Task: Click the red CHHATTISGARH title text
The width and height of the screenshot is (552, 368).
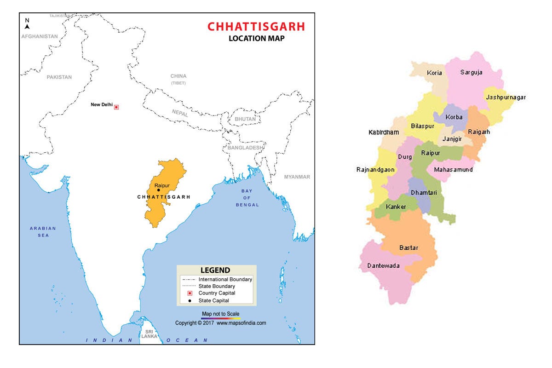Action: [x=256, y=26]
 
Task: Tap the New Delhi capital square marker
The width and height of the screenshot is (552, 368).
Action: [x=116, y=107]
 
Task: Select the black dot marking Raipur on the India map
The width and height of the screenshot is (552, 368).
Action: [x=159, y=190]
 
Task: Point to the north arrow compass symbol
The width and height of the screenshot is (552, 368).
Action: [x=27, y=24]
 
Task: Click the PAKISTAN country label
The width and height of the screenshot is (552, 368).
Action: [x=59, y=77]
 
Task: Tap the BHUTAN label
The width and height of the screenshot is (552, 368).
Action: [x=245, y=119]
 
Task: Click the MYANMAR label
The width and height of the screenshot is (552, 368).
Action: [x=297, y=177]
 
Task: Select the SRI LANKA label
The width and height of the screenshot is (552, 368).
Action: [x=149, y=334]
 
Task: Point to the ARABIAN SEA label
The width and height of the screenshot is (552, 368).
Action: [x=43, y=232]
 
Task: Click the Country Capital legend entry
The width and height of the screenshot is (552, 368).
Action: [x=217, y=293]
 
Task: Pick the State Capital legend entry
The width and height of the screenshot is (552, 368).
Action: [x=213, y=300]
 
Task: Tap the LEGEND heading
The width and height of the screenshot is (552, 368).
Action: [x=215, y=270]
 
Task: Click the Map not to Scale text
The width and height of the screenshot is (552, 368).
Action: [x=221, y=314]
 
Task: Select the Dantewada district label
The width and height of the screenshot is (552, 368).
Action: [x=383, y=266]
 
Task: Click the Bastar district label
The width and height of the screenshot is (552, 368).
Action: [x=408, y=248]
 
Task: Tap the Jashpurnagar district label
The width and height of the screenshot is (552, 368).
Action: [x=506, y=98]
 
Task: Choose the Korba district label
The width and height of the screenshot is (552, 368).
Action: [x=454, y=117]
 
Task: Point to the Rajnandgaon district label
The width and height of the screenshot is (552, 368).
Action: [x=375, y=170]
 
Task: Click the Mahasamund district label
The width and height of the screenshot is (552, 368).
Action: [x=453, y=170]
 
